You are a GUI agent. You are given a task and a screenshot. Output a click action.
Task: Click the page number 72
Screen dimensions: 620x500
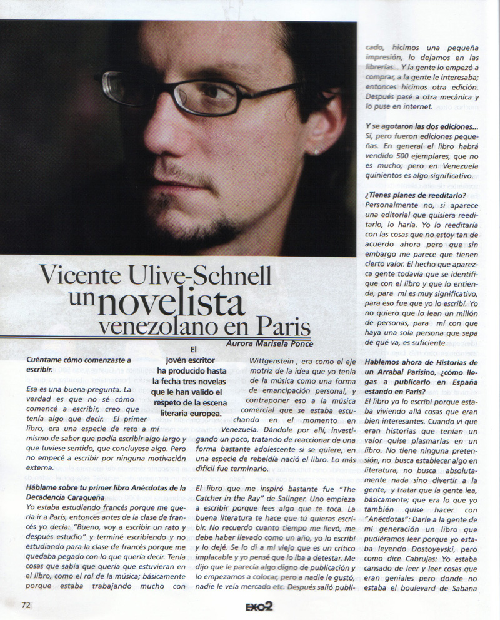(x=26, y=604)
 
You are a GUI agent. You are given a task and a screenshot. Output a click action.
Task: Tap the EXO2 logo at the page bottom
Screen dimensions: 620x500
(x=258, y=606)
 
